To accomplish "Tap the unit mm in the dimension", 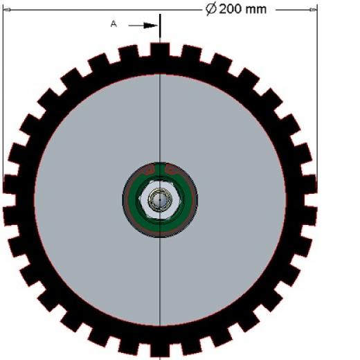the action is pos(256,10).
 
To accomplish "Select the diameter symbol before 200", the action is pos(211,10).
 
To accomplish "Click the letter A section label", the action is pos(114,24).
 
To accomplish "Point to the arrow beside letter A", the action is pos(143,26).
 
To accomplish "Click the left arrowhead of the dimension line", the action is pos(7,10).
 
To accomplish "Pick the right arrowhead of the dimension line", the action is pos(313,10).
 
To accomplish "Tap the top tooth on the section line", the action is pos(160,50).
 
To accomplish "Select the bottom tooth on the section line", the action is pos(160,350).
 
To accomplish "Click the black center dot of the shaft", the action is pos(160,200).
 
